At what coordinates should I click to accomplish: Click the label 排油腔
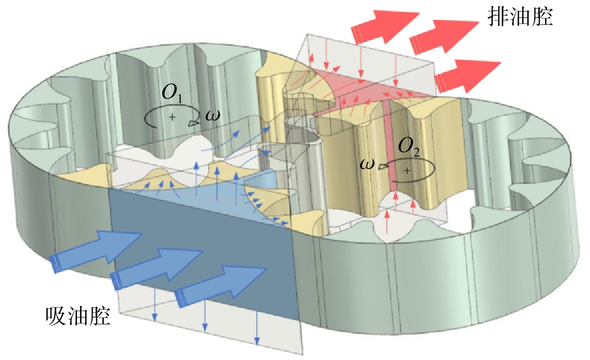[x=520, y=17]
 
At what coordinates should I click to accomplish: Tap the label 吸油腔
[x=78, y=316]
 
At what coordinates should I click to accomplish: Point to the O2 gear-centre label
[x=409, y=146]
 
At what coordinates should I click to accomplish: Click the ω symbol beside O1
[x=213, y=115]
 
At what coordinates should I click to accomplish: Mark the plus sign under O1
[x=172, y=117]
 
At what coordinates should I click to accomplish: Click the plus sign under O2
[x=407, y=170]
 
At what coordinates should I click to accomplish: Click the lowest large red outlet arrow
[x=467, y=76]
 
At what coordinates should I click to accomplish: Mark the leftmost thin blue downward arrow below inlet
[x=155, y=307]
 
